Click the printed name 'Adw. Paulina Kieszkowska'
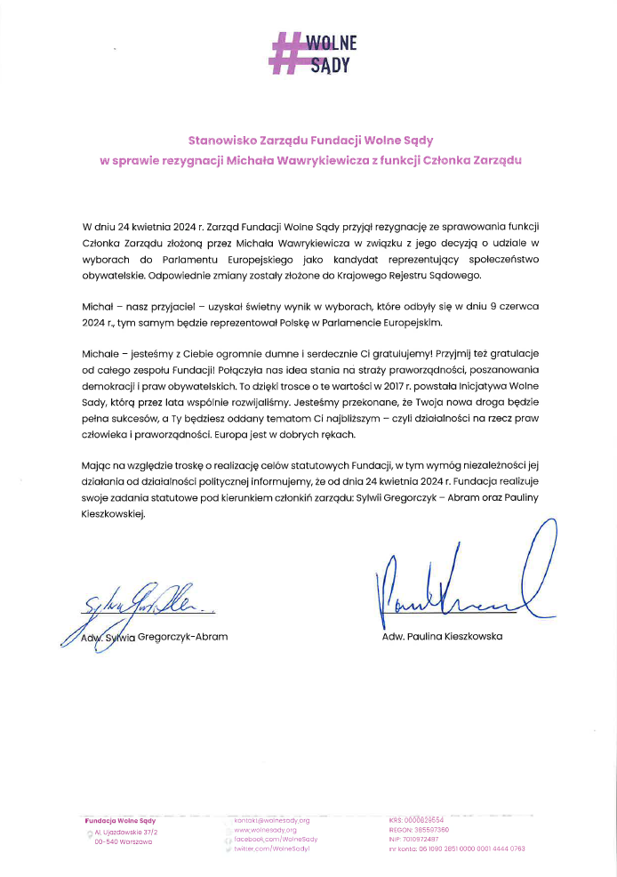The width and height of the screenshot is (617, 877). pos(442,636)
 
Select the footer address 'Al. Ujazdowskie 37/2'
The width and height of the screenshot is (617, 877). pos(124,831)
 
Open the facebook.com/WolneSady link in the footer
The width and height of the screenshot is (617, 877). pos(276,839)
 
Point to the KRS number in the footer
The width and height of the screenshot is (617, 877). pos(416,820)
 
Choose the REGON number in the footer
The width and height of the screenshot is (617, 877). pos(418,829)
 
